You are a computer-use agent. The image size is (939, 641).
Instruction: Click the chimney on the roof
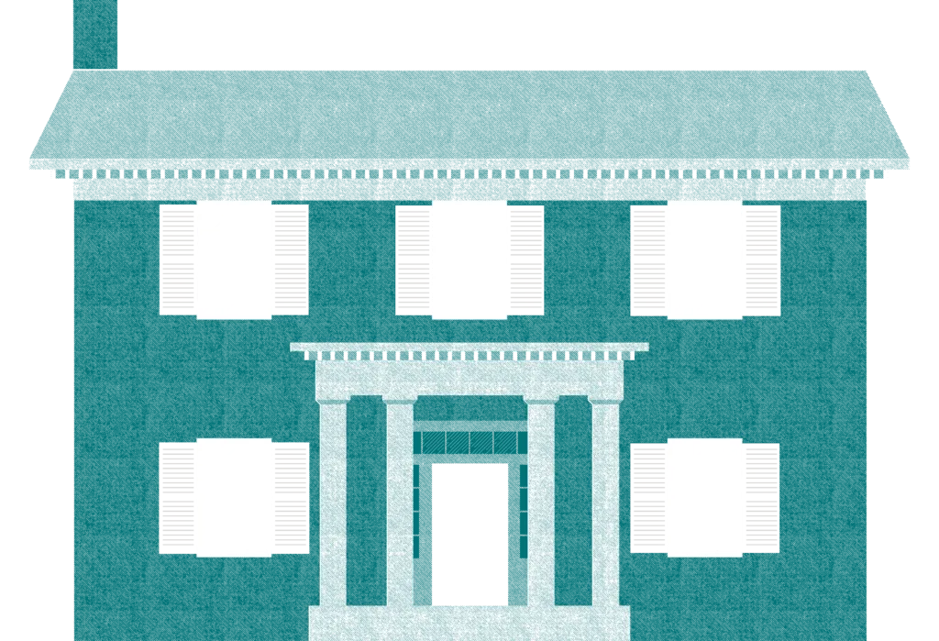(x=96, y=33)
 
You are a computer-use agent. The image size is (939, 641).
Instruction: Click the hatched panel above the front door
(x=469, y=443)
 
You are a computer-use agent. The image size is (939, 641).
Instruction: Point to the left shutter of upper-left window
(x=177, y=259)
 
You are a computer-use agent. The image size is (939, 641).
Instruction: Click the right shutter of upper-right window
(x=762, y=259)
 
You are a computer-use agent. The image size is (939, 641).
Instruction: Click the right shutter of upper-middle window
(x=526, y=259)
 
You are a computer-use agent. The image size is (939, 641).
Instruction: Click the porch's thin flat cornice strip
(x=469, y=348)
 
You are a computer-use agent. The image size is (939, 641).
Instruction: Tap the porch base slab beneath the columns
(x=469, y=624)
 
